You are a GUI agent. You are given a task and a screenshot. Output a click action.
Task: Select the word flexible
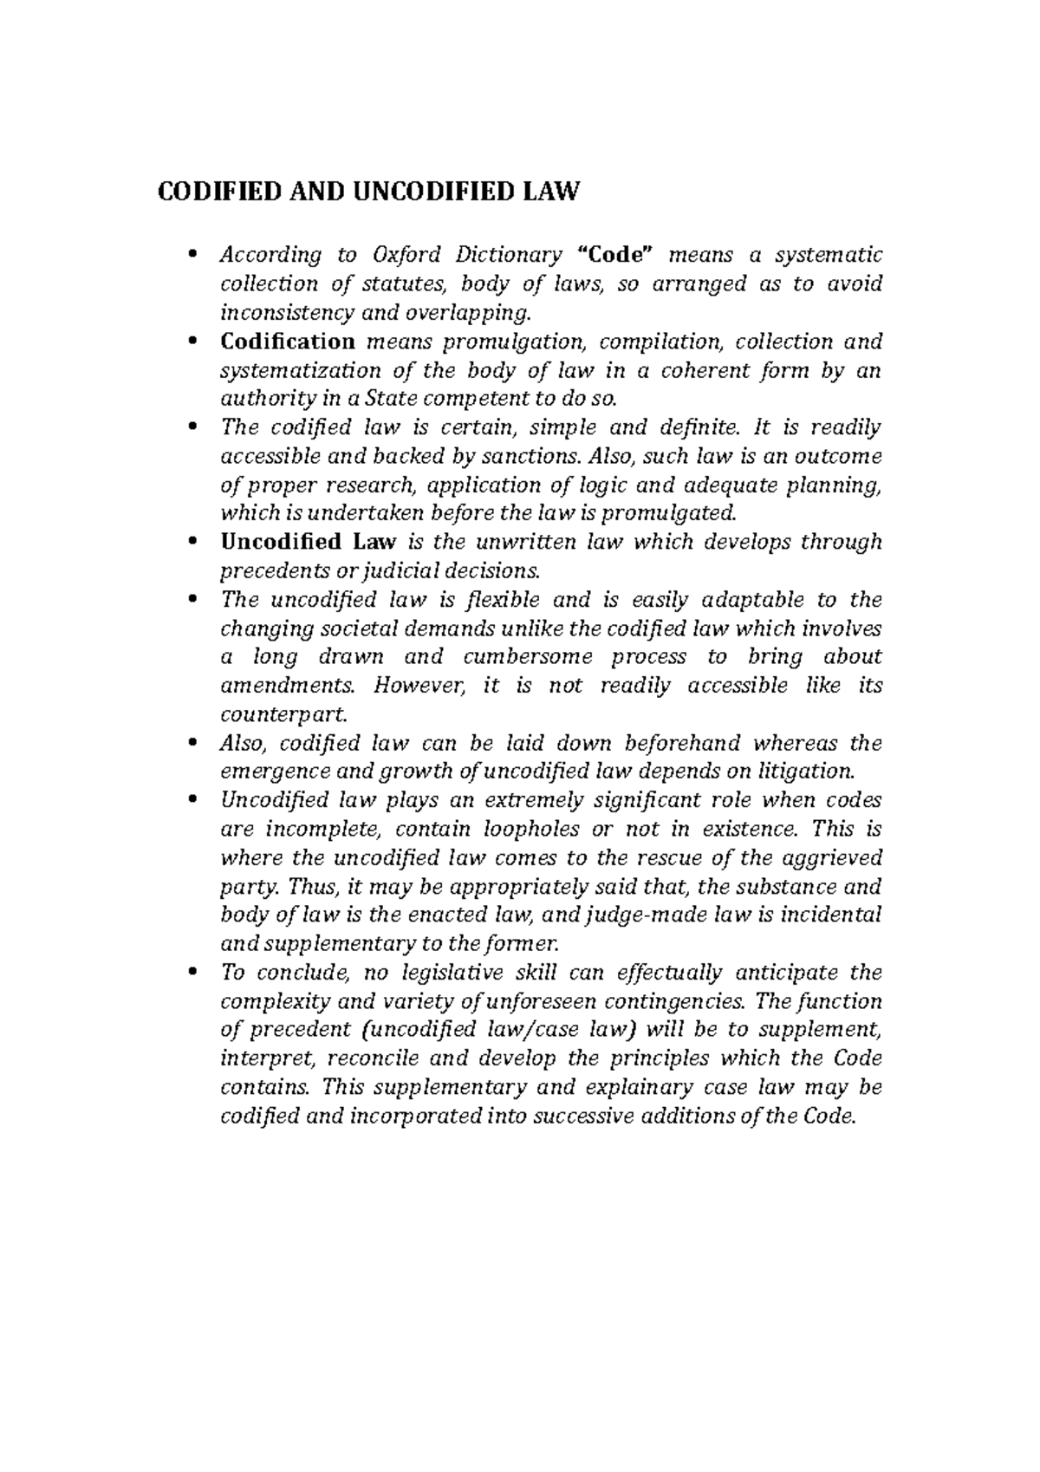pyautogui.click(x=503, y=600)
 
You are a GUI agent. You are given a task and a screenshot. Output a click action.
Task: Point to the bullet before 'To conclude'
pyautogui.click(x=192, y=974)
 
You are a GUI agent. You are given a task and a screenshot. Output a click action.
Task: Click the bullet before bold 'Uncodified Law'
pyautogui.click(x=192, y=543)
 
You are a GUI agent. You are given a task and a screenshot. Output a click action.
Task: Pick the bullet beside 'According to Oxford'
pyautogui.click(x=192, y=256)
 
